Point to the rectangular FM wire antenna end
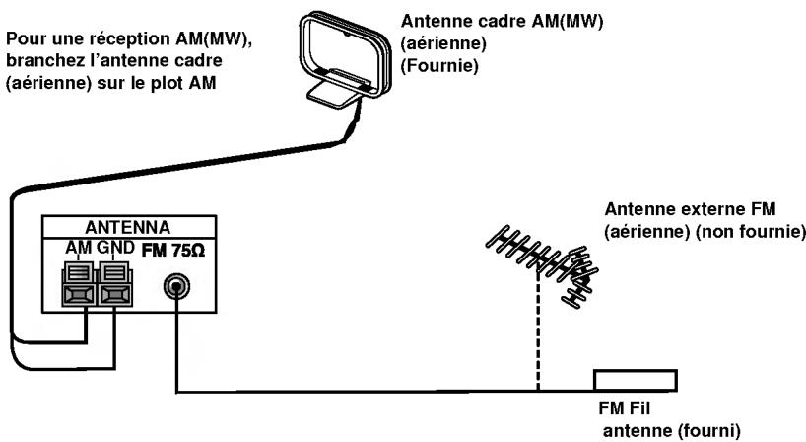pos(635,380)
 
